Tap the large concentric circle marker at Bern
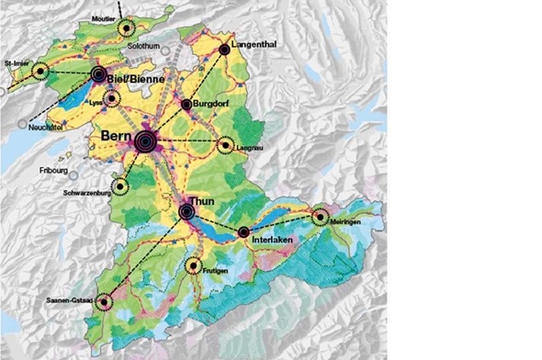pos(145,141)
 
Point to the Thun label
pos(200,200)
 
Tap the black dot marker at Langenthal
pos(224,49)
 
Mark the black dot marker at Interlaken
pos(244,232)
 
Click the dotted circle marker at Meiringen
pos(321,218)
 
